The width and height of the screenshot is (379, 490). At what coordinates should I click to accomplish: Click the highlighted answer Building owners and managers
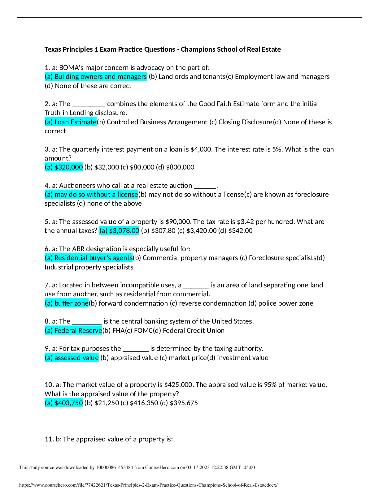[96, 77]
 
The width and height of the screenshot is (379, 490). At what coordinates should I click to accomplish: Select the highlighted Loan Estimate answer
[71, 122]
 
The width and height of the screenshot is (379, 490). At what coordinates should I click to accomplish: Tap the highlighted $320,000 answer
[64, 167]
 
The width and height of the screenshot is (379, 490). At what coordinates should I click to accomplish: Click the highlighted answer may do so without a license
[91, 195]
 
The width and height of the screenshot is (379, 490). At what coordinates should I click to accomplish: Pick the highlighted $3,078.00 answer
[119, 231]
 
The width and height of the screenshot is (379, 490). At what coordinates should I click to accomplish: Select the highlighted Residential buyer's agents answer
[89, 258]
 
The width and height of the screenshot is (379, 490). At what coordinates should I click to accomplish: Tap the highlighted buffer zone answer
[67, 303]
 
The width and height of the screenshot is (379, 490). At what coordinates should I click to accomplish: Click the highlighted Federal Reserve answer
[73, 331]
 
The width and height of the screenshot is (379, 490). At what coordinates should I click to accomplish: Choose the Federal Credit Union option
[193, 331]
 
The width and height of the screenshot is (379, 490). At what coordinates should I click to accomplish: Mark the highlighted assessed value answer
[72, 358]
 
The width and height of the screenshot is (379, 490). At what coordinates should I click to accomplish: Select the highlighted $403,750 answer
[64, 403]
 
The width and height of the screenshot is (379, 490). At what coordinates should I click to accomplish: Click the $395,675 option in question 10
[184, 403]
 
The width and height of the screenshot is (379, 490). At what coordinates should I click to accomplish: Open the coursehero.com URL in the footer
[148, 485]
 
